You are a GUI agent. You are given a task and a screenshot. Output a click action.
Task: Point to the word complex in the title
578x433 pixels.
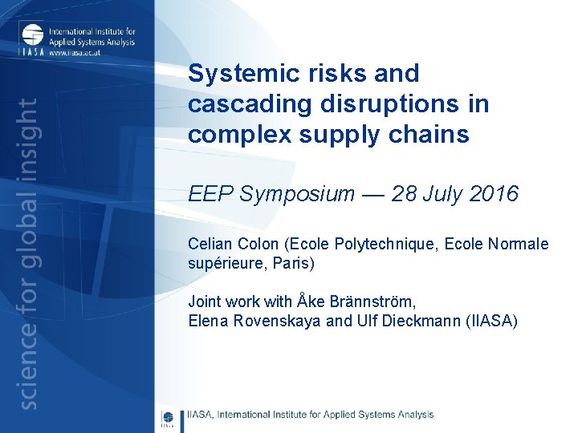pos(232,135)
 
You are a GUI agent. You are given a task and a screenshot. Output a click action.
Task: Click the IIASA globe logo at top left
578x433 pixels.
pos(33,37)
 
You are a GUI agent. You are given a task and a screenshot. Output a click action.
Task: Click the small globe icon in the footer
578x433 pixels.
pos(168,417)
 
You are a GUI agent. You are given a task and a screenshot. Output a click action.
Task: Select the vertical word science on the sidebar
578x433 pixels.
pos(28,370)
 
